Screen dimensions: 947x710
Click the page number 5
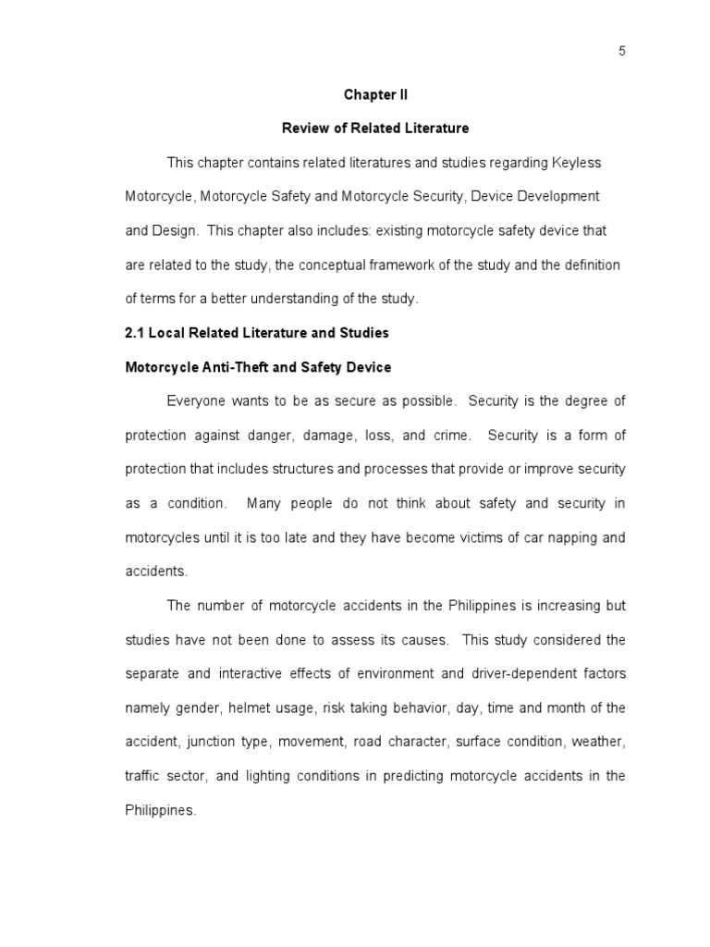(x=622, y=52)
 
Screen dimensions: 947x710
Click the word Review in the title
(x=330, y=129)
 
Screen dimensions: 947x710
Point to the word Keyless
(x=578, y=163)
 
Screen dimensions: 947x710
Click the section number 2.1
(x=135, y=333)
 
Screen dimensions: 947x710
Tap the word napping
(x=565, y=537)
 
